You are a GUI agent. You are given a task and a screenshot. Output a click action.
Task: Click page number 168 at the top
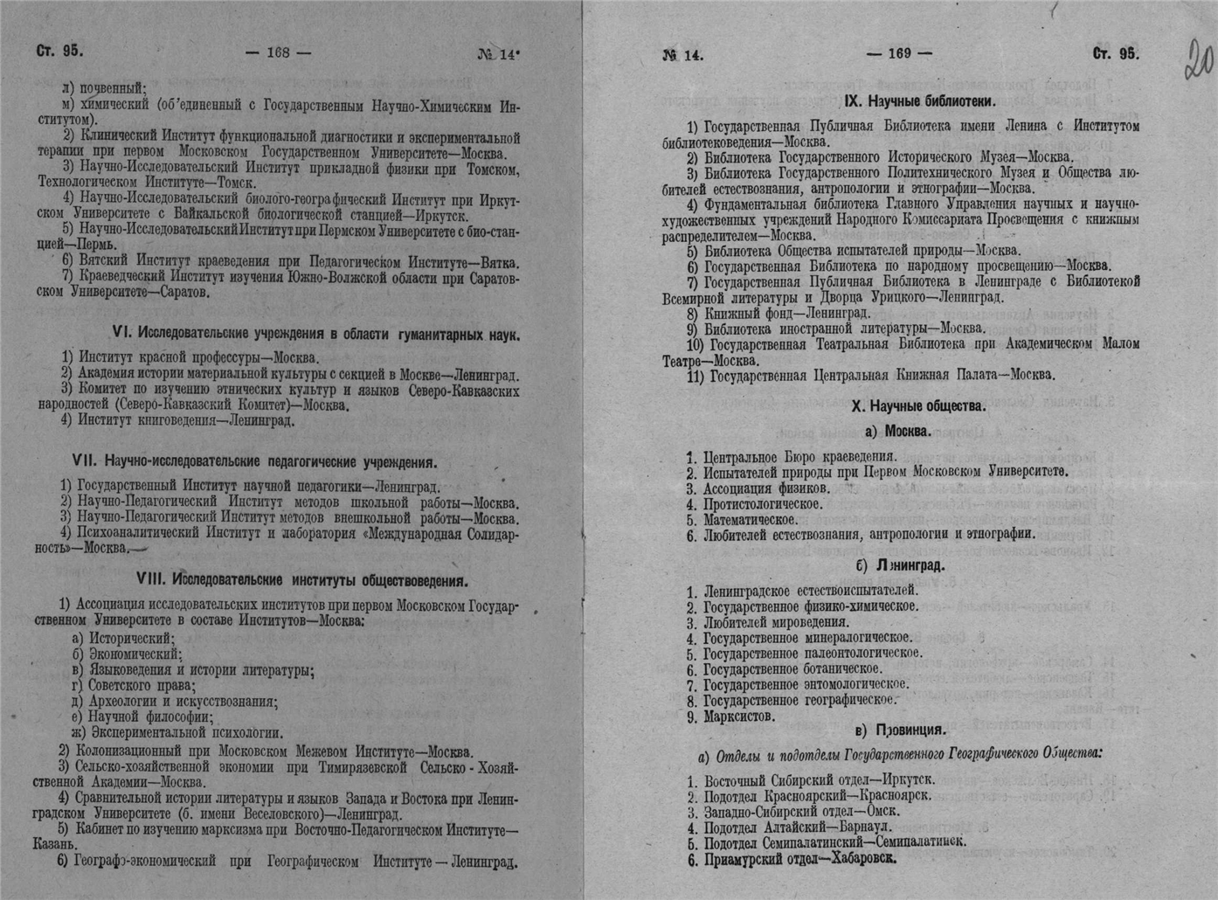click(278, 52)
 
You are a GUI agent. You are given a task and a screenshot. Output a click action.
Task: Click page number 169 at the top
click(899, 53)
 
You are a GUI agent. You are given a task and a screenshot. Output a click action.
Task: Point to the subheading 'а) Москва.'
click(897, 431)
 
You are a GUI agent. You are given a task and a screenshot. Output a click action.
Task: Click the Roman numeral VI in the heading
click(121, 334)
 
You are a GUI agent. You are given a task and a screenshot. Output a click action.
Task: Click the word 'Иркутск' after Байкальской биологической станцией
click(446, 215)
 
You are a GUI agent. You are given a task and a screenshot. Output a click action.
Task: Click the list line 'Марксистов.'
click(738, 717)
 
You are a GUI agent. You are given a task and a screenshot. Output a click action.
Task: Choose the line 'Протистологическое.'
click(762, 504)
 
